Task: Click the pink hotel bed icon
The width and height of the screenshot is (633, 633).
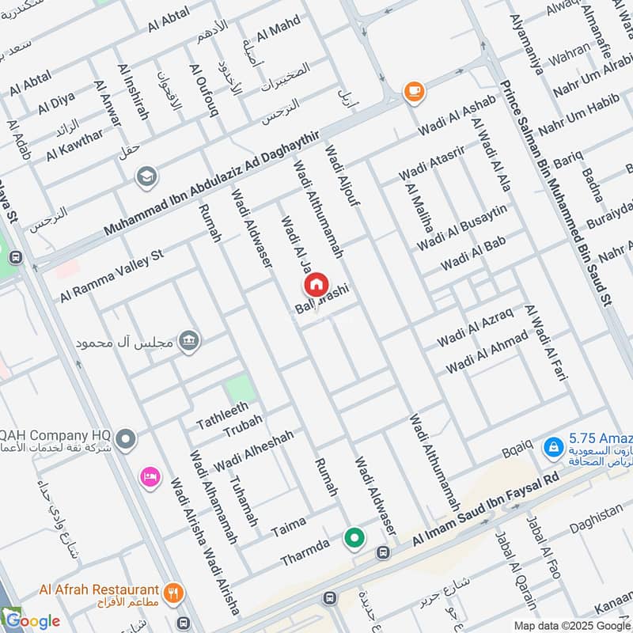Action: [x=149, y=477]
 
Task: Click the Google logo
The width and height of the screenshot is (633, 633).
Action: [x=32, y=620]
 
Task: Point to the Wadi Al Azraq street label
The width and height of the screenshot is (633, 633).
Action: [x=475, y=326]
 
